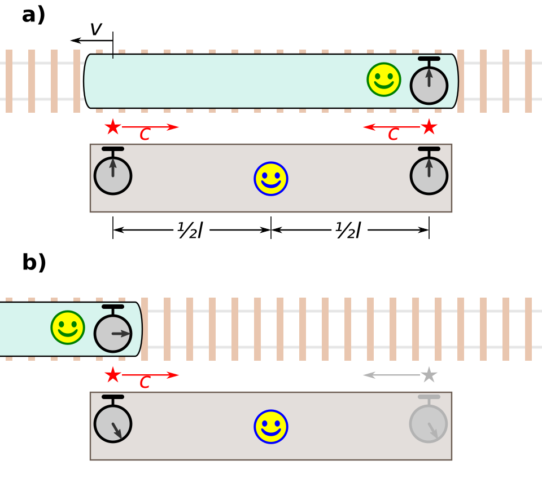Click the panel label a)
pyautogui.click(x=33, y=16)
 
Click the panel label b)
pyautogui.click(x=34, y=263)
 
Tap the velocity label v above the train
pyautogui.click(x=96, y=29)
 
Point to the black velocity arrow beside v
pyautogui.click(x=91, y=41)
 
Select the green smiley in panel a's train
pyautogui.click(x=384, y=79)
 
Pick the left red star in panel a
pyautogui.click(x=113, y=127)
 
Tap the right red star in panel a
pyautogui.click(x=429, y=127)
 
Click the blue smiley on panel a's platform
pyautogui.click(x=271, y=179)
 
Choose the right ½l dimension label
pyautogui.click(x=348, y=230)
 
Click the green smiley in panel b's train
pyautogui.click(x=68, y=327)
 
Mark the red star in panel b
pyautogui.click(x=113, y=375)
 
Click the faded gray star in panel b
pyautogui.click(x=429, y=375)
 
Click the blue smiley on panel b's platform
pyautogui.click(x=271, y=427)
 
